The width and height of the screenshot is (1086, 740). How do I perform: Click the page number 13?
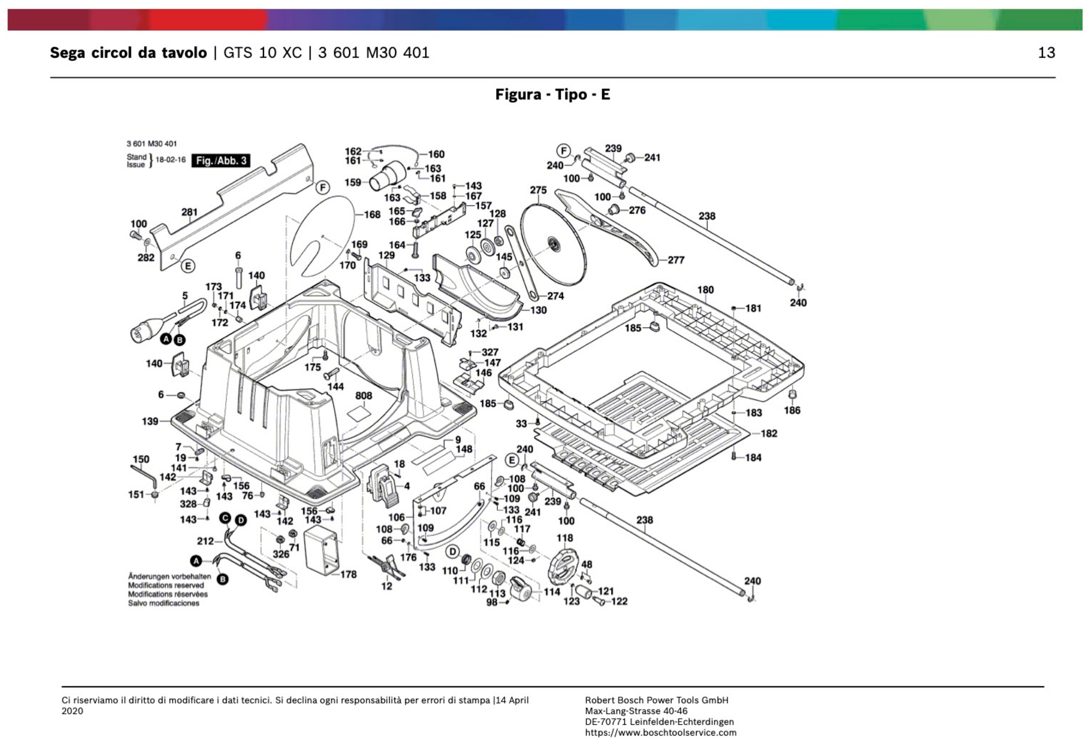tap(1046, 53)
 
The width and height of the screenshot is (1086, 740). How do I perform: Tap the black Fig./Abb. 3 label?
tap(221, 161)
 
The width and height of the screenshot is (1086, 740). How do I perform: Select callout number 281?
tap(189, 212)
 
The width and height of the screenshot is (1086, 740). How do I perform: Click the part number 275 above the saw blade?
tap(538, 190)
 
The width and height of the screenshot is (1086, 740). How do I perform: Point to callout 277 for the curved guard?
tap(676, 260)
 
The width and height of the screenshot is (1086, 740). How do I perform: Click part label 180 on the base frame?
tap(705, 290)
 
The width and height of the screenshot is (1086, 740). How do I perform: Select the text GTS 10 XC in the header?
tap(263, 53)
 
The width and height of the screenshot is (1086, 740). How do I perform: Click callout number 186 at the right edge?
tap(792, 410)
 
